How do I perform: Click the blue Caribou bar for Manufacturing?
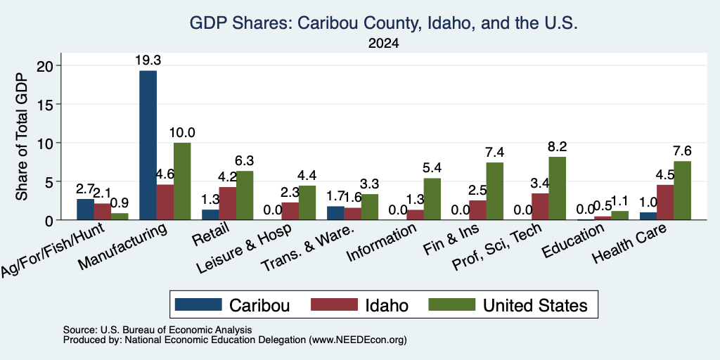[148, 145]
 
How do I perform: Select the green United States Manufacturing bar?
[182, 181]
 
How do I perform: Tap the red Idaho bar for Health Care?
[665, 202]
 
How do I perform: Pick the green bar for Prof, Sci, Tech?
[558, 188]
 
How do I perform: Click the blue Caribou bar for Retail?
[210, 215]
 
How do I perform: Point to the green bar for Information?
[432, 199]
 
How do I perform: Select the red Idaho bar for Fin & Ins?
[477, 210]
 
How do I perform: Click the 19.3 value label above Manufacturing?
[148, 60]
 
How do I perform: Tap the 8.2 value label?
[558, 147]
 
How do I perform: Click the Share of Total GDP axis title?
[22, 136]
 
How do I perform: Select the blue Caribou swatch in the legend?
[198, 304]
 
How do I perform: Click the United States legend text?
[535, 305]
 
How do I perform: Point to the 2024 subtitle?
[383, 44]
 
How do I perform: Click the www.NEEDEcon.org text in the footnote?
[358, 340]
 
